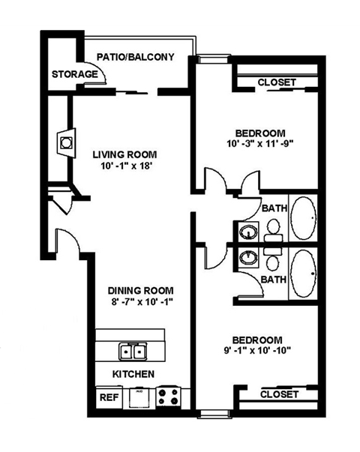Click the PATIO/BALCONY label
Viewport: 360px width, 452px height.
click(136, 56)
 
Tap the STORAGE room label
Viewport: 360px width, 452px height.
click(74, 74)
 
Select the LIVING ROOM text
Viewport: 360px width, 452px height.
click(123, 154)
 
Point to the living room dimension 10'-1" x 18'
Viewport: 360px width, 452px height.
click(123, 167)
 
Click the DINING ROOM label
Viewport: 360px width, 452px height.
click(141, 291)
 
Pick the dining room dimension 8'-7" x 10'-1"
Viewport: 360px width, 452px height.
click(141, 304)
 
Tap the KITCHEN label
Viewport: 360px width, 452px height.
click(133, 373)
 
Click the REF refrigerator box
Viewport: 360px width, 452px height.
click(109, 397)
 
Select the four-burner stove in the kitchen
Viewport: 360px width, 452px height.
click(167, 395)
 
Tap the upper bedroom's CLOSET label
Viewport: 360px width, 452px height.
click(276, 82)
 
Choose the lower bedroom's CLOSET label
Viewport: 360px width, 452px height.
click(279, 394)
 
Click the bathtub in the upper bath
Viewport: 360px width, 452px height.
click(304, 218)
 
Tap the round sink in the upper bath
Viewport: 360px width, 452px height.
click(247, 231)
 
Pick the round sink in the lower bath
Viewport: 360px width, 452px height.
click(247, 259)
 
